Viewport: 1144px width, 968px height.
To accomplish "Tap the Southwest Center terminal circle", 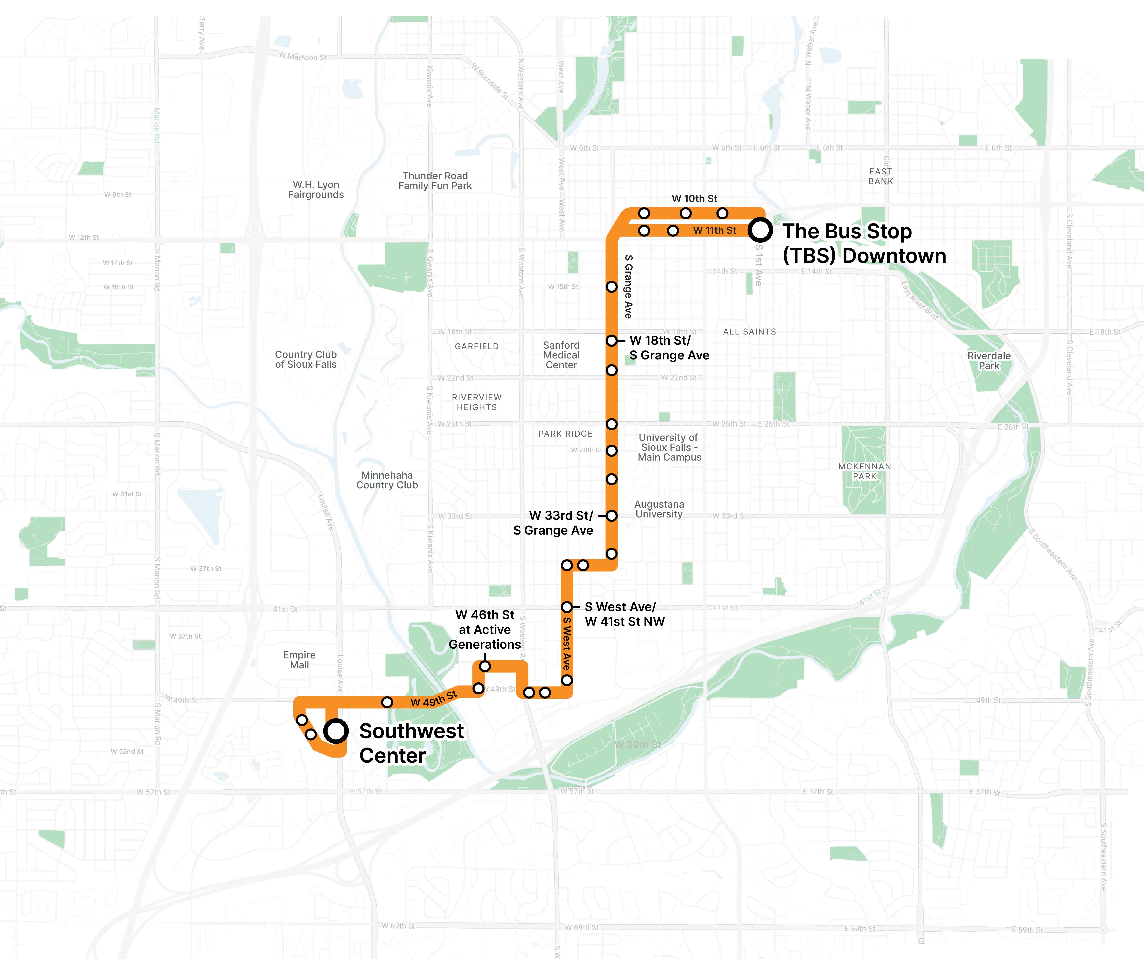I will [x=336, y=731].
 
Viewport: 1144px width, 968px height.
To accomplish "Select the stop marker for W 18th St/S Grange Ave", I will [x=611, y=341].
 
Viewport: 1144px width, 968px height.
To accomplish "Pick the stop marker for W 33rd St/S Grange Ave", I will [x=611, y=516].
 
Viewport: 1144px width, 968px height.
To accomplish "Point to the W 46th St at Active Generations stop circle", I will [x=485, y=667].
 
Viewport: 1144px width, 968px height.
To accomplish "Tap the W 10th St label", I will [x=694, y=199].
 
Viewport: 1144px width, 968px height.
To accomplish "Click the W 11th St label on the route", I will [x=715, y=230].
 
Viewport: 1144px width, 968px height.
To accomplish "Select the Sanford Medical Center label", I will [x=561, y=355].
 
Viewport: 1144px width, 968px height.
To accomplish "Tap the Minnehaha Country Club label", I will [x=387, y=480].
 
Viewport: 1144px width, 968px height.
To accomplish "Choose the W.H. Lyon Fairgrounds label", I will [x=316, y=190].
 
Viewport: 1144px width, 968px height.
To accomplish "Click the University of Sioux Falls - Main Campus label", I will [x=669, y=447].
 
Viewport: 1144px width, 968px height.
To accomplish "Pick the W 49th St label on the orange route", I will [x=433, y=699].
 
